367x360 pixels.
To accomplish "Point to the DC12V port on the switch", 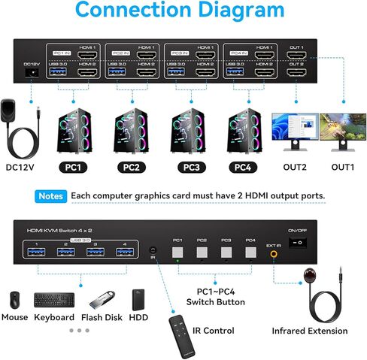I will [32, 74].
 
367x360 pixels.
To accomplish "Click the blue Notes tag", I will [51, 195].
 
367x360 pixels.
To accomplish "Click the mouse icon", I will [14, 301].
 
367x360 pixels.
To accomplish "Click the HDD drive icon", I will [138, 300].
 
